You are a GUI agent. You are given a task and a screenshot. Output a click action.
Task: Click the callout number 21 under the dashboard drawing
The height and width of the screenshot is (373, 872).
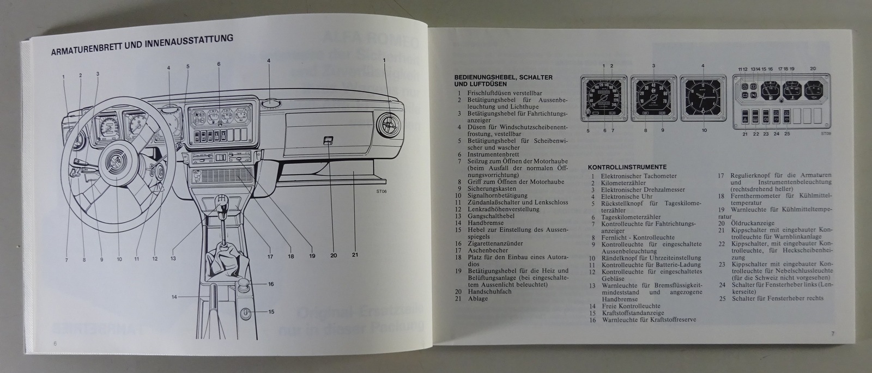(355, 255)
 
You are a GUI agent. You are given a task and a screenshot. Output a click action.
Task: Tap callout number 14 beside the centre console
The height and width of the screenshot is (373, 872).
(174, 297)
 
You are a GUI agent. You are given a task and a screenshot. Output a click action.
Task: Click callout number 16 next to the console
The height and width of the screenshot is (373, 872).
(270, 284)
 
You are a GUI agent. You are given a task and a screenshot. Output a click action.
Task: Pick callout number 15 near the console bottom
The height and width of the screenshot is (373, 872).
(270, 311)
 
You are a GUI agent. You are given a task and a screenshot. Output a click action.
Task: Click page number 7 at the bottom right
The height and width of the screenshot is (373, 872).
(833, 333)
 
